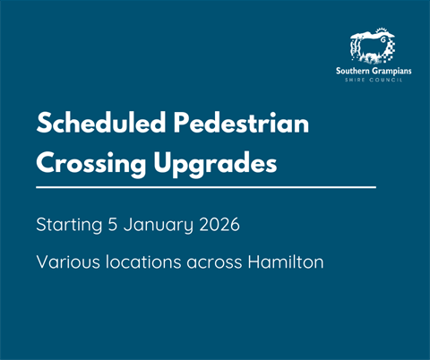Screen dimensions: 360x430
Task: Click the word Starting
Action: [x=69, y=226]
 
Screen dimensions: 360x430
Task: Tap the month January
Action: [x=160, y=226]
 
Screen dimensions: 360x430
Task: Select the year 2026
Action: [x=220, y=225]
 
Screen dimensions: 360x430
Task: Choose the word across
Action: [x=215, y=264]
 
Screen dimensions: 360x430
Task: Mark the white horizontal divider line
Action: [x=206, y=188]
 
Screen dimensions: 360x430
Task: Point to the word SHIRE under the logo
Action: [x=358, y=79]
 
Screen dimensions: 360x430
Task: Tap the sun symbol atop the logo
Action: [x=386, y=37]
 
